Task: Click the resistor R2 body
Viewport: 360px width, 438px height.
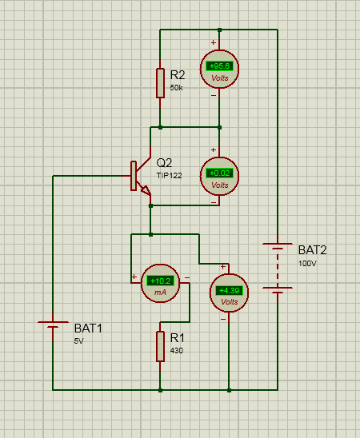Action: [161, 82]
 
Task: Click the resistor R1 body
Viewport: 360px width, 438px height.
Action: [161, 344]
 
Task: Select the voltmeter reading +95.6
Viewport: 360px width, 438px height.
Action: [219, 71]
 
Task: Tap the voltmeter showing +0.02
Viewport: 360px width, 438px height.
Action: [219, 177]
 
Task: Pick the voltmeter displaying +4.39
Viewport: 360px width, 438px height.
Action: [229, 294]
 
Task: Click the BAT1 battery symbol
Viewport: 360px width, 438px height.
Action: [53, 326]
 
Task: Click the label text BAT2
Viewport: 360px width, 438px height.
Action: [312, 249]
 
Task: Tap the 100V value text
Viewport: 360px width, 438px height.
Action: [307, 263]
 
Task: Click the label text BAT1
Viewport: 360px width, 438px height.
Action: [88, 328]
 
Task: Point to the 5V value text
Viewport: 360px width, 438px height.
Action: [79, 340]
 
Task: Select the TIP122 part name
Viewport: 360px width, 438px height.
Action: [169, 174]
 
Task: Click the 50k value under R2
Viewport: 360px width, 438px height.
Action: [177, 88]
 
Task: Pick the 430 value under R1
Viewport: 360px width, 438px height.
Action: [177, 350]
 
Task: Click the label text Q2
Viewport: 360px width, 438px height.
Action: [165, 162]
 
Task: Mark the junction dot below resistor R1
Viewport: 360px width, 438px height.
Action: [161, 390]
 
